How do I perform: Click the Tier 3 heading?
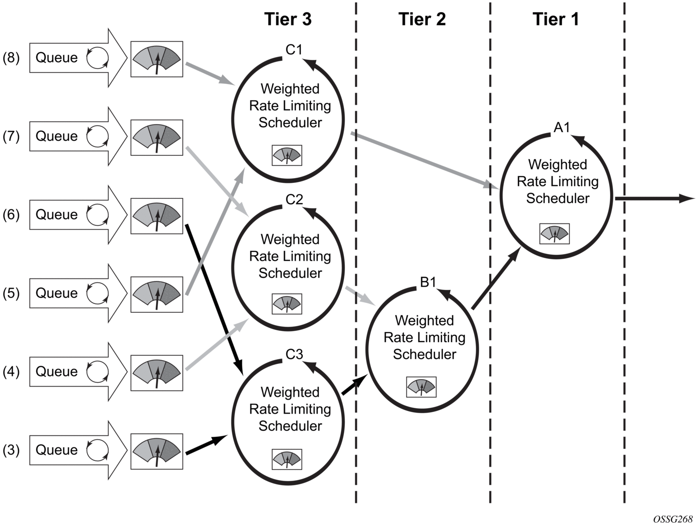click(288, 19)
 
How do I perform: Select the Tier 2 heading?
click(422, 19)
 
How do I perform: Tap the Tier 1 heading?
click(556, 19)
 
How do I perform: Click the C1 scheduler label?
click(294, 50)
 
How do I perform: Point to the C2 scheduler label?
click(294, 199)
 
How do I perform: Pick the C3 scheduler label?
click(294, 354)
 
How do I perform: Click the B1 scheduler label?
click(428, 282)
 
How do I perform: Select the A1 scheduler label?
click(562, 127)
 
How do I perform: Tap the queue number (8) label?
click(11, 58)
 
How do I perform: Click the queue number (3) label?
click(11, 450)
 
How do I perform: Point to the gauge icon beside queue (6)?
click(157, 215)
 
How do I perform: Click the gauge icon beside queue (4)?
click(157, 373)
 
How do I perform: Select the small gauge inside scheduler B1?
click(421, 387)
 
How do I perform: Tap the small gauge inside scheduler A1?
click(555, 234)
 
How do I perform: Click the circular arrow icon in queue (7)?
click(98, 136)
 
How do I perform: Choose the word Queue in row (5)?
click(57, 293)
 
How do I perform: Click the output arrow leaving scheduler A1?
click(655, 198)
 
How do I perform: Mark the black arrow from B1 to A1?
click(495, 278)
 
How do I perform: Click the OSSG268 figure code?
click(672, 519)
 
